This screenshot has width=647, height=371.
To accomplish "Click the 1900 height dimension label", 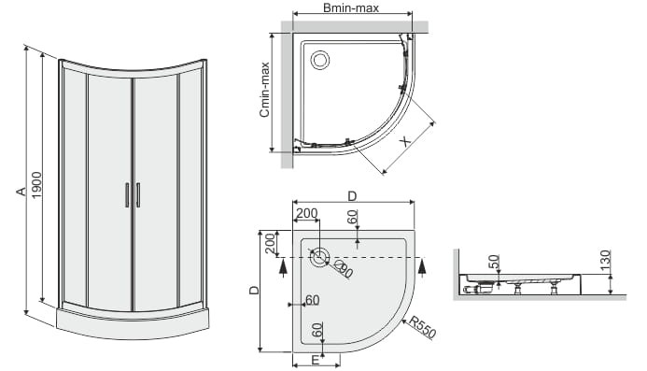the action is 36,185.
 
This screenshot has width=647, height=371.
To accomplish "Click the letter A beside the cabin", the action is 21,191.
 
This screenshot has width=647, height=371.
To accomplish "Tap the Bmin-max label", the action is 351,7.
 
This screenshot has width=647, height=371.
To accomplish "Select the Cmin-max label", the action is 264,89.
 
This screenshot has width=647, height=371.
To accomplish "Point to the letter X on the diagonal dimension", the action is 406,141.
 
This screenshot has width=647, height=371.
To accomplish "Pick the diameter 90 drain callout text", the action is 344,269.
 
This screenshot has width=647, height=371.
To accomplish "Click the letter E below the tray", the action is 315,361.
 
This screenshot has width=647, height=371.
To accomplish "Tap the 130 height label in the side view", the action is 605,261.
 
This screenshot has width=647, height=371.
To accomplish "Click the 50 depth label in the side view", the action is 494,262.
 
